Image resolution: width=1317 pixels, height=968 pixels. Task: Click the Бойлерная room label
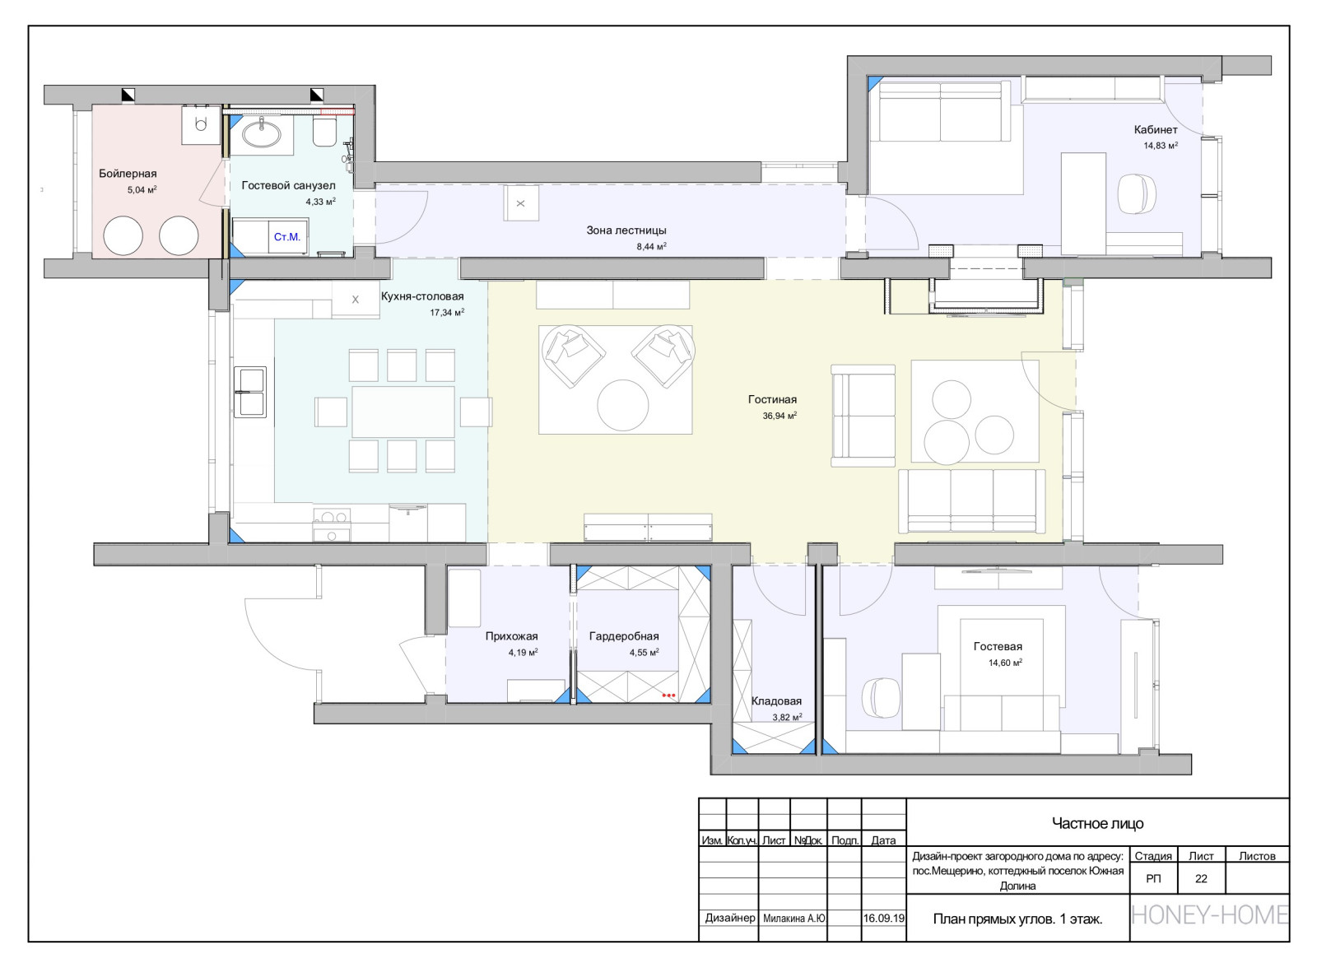pos(128,174)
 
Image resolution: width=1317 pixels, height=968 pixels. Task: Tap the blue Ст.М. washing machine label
pos(287,237)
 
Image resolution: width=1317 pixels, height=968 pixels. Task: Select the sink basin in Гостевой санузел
pos(262,135)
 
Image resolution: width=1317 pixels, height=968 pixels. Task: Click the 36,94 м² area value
pos(779,416)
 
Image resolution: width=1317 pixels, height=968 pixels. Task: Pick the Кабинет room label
pos(1156,130)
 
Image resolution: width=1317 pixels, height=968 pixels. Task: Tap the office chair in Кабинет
pos(1137,193)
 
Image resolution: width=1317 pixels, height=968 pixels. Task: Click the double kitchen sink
pos(250,392)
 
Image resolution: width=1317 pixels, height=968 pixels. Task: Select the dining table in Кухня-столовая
pos(403,412)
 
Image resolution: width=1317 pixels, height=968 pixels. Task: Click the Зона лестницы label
pos(626,230)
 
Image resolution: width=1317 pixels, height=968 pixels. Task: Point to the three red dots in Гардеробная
pos(669,695)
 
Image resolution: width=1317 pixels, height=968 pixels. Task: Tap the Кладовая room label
pos(776,701)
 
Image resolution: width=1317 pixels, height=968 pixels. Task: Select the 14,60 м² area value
pos(1005,663)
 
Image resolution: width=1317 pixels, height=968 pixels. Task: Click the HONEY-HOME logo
pos(1210,915)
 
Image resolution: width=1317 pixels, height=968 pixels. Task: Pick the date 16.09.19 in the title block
pos(884,918)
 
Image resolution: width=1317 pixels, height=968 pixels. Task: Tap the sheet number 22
pos(1201,878)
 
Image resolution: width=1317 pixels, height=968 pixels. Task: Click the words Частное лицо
pos(1098,823)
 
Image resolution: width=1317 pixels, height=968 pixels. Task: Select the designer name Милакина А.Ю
pos(793,918)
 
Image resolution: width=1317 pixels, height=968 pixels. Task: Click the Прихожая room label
pos(511,635)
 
